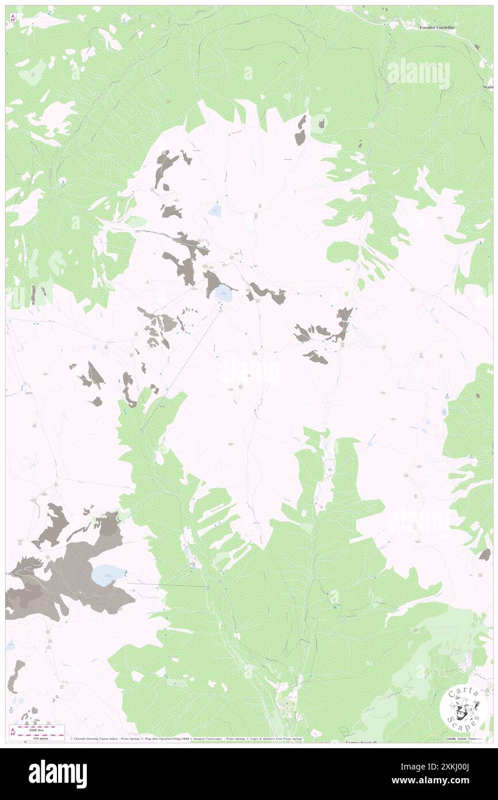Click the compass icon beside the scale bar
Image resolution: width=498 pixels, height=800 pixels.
(13, 732)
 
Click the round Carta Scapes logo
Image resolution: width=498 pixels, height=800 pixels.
(463, 707)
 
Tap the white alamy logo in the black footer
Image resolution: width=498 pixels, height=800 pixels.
(58, 774)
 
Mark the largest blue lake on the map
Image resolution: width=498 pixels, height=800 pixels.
(108, 574)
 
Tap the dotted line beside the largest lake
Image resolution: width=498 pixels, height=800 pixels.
(167, 585)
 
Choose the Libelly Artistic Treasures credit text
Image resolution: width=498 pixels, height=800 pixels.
(464, 738)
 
